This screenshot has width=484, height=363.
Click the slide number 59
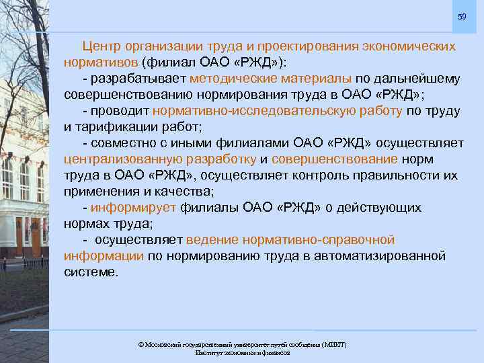(462, 16)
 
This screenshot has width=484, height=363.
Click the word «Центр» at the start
(102, 47)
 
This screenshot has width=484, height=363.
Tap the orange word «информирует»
(133, 208)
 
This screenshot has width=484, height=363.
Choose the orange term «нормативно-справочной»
(290, 240)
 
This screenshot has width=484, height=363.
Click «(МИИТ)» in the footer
(334, 344)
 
